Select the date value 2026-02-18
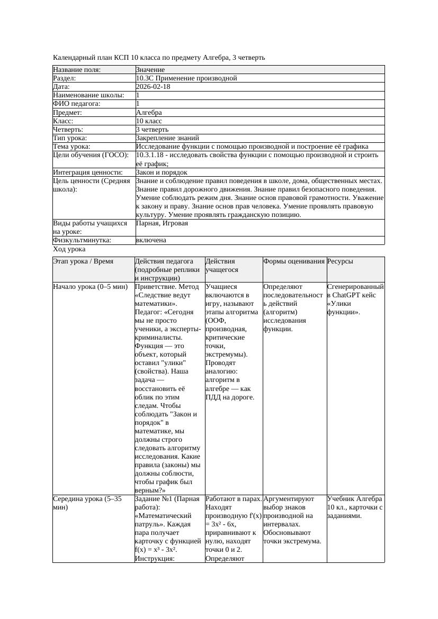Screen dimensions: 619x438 click(x=153, y=87)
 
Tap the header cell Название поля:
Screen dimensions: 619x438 click(x=77, y=70)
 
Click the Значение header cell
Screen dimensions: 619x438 click(x=150, y=70)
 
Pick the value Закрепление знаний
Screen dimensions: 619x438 click(x=167, y=138)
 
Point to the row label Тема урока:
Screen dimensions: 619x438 click(x=72, y=147)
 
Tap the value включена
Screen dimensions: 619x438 click(x=151, y=240)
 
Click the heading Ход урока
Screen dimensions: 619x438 click(x=69, y=249)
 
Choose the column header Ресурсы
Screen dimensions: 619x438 click(x=341, y=261)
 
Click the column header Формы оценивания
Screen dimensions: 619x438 click(x=294, y=261)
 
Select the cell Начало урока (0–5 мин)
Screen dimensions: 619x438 click(x=91, y=287)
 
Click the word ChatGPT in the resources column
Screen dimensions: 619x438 click(x=348, y=295)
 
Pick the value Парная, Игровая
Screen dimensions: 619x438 click(x=162, y=223)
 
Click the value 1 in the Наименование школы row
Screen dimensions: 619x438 click(x=138, y=95)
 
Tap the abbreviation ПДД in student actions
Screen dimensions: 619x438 click(x=213, y=397)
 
